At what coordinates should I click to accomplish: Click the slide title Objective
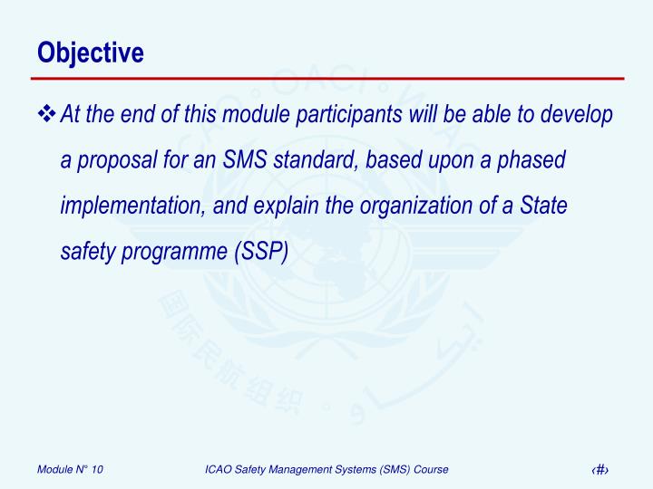(x=91, y=53)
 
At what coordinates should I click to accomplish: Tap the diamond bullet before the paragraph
(x=47, y=115)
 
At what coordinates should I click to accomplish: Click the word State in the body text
(x=544, y=206)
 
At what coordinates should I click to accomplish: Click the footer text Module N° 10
(x=70, y=468)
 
